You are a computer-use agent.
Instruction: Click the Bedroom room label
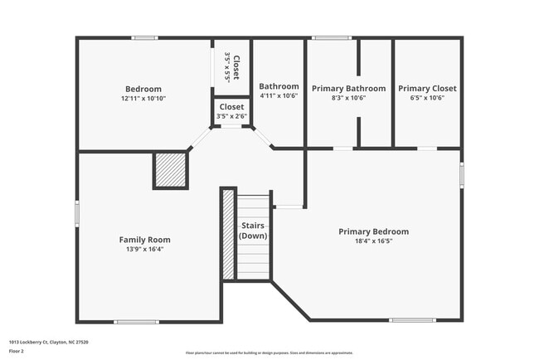coord(143,89)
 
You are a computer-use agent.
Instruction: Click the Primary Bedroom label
coord(373,231)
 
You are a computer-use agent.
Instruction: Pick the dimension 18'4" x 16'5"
coord(373,241)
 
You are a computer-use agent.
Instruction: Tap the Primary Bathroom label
coord(348,88)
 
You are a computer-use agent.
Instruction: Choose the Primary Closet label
coord(427,88)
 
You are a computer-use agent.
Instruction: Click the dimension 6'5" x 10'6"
coord(427,98)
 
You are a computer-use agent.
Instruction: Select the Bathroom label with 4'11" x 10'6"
coord(279,86)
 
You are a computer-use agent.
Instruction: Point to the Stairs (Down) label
coord(253,231)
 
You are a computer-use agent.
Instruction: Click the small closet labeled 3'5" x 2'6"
coord(231,111)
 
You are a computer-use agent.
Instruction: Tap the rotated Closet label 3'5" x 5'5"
coord(232,66)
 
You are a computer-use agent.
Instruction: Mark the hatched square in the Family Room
coord(170,170)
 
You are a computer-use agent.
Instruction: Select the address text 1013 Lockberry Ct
coord(48,342)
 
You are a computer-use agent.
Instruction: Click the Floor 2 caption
coord(17,352)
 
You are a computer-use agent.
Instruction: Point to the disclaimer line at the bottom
coord(269,353)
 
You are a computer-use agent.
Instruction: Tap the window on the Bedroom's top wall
coord(145,37)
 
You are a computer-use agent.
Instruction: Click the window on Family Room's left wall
coord(77,213)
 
